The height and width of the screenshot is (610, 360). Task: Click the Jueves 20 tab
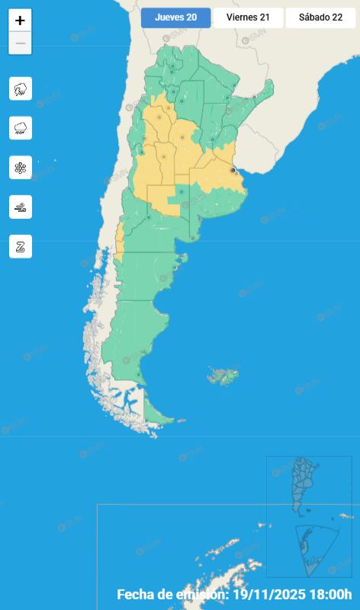coord(175,18)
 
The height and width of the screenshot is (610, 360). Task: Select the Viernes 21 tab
coord(248,18)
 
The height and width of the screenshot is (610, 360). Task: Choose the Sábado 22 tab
coord(320,18)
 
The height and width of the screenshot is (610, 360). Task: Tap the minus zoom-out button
coord(20,43)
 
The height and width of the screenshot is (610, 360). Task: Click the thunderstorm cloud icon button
coord(21,88)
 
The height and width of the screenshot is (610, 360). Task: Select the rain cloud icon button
coord(21,128)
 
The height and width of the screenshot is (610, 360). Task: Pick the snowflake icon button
coord(21,168)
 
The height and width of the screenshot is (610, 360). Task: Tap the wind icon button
coord(21,207)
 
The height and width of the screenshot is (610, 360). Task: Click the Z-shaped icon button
coord(21,246)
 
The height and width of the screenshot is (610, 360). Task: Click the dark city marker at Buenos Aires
coord(233,171)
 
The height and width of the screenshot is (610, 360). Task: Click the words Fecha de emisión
coord(172,594)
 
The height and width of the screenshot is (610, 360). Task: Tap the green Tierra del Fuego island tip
coord(156,416)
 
